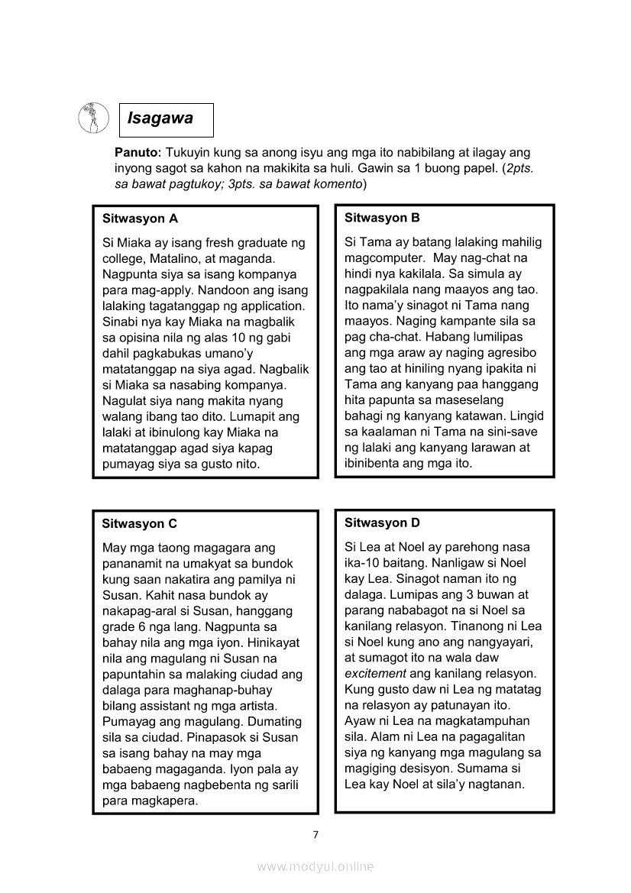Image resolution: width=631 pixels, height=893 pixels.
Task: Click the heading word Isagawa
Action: tap(160, 118)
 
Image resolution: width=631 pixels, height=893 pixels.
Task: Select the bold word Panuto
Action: tap(136, 153)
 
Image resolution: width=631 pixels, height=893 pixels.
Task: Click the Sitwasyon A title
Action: tap(140, 218)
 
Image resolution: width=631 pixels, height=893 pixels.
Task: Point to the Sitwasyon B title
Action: tap(382, 218)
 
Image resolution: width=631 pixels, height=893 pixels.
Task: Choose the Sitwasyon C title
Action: tap(139, 523)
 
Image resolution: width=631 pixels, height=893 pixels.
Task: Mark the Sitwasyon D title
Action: tap(382, 523)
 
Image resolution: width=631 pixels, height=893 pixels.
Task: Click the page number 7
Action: tap(315, 834)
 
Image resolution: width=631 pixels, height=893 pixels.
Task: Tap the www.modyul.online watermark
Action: tap(315, 866)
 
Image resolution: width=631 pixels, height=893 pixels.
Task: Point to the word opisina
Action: tap(138, 338)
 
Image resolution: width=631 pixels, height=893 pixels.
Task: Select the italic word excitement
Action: tap(375, 673)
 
